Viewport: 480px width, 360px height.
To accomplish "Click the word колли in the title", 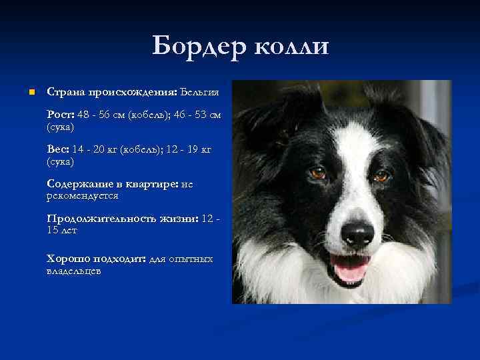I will (x=291, y=47).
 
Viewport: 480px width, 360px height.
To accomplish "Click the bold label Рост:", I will (x=61, y=115).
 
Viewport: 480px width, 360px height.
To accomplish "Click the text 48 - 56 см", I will (x=101, y=115).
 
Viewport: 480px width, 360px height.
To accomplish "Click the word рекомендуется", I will (x=83, y=196).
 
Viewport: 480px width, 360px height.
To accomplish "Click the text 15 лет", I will (x=62, y=231).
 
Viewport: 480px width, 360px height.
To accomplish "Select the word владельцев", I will (x=74, y=271).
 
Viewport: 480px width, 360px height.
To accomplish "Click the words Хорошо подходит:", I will (x=96, y=259).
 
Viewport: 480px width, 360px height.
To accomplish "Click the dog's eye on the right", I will (x=381, y=176).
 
